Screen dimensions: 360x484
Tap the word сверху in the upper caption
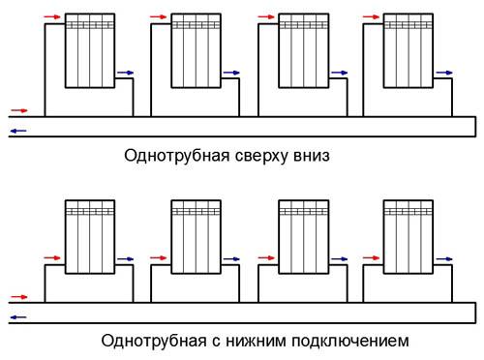click(x=256, y=155)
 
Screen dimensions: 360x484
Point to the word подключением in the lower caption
click(x=352, y=341)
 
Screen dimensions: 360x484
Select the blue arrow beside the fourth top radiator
click(x=444, y=73)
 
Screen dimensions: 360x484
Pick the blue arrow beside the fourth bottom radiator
click(x=444, y=259)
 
